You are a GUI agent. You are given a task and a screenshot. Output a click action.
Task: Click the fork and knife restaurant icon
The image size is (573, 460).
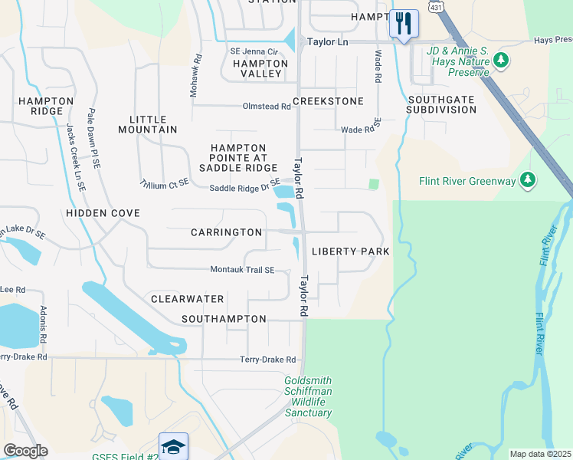404,23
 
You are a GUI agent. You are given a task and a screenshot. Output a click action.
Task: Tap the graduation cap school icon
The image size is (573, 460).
173,446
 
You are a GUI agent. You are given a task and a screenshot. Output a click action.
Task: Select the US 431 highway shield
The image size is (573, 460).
436,6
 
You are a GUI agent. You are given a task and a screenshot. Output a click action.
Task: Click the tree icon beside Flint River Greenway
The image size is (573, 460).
527,180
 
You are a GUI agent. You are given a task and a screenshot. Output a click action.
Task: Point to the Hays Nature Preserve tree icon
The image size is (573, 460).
501,59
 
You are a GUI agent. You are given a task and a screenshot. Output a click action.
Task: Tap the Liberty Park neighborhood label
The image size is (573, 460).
351,251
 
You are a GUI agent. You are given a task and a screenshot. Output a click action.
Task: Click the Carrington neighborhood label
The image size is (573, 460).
226,232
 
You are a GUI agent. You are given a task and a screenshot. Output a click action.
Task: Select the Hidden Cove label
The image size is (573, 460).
103,213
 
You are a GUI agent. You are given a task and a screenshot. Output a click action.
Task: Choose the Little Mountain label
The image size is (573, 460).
148,124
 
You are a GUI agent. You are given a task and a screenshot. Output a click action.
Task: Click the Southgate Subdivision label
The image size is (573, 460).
442,104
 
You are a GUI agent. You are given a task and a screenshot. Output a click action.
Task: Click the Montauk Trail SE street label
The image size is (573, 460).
242,270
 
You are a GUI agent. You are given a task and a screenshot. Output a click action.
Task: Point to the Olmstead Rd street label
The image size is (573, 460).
267,107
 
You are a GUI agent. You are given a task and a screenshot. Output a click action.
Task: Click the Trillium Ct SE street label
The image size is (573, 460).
164,184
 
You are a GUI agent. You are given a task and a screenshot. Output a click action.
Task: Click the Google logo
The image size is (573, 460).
25,451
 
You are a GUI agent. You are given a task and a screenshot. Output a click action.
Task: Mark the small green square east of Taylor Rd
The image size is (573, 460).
374,184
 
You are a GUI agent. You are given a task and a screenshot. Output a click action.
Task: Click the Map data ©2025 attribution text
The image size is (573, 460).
540,454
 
